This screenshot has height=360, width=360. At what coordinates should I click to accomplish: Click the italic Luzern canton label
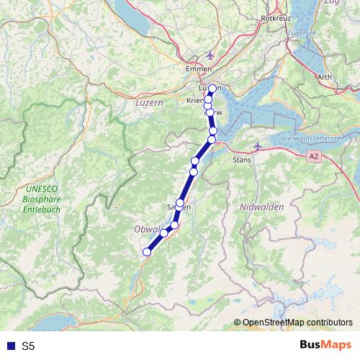[x=150, y=103]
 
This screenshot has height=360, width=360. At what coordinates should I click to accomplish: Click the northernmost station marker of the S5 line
[x=212, y=89]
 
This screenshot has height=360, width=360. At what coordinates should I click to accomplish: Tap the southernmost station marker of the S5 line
[x=147, y=251]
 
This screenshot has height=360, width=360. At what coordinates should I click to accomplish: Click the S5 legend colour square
[x=9, y=346]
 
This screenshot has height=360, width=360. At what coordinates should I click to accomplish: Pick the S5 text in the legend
[x=28, y=346]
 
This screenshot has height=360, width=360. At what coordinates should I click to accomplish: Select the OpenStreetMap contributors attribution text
[x=298, y=322]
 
